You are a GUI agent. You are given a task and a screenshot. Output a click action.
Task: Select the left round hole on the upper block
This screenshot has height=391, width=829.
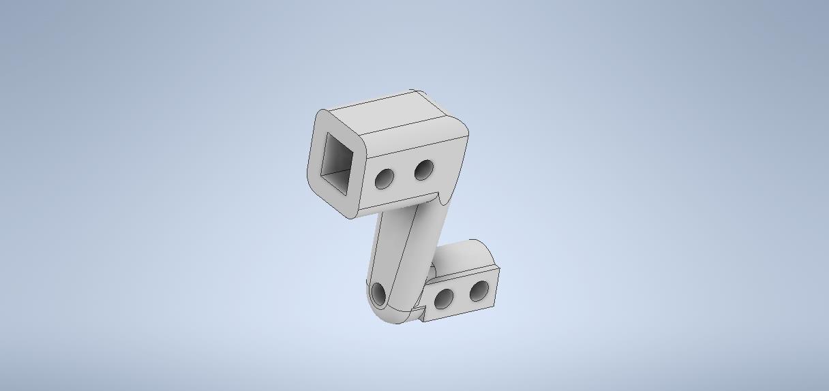(385, 178)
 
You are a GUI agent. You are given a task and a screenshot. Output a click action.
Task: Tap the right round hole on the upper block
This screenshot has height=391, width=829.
(423, 170)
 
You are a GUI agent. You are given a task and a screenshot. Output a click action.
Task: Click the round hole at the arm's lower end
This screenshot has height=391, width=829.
(378, 294)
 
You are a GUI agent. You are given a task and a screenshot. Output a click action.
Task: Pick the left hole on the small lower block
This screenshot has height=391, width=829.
(444, 298)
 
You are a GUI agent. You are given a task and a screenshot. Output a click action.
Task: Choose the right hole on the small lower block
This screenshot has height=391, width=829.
(479, 291)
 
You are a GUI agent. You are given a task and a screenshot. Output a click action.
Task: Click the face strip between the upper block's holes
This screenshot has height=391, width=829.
(404, 174)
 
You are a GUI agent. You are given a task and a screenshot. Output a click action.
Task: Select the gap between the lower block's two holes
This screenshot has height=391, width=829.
(462, 294)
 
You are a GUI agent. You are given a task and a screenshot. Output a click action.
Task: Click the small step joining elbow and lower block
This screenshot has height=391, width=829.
(421, 313)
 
